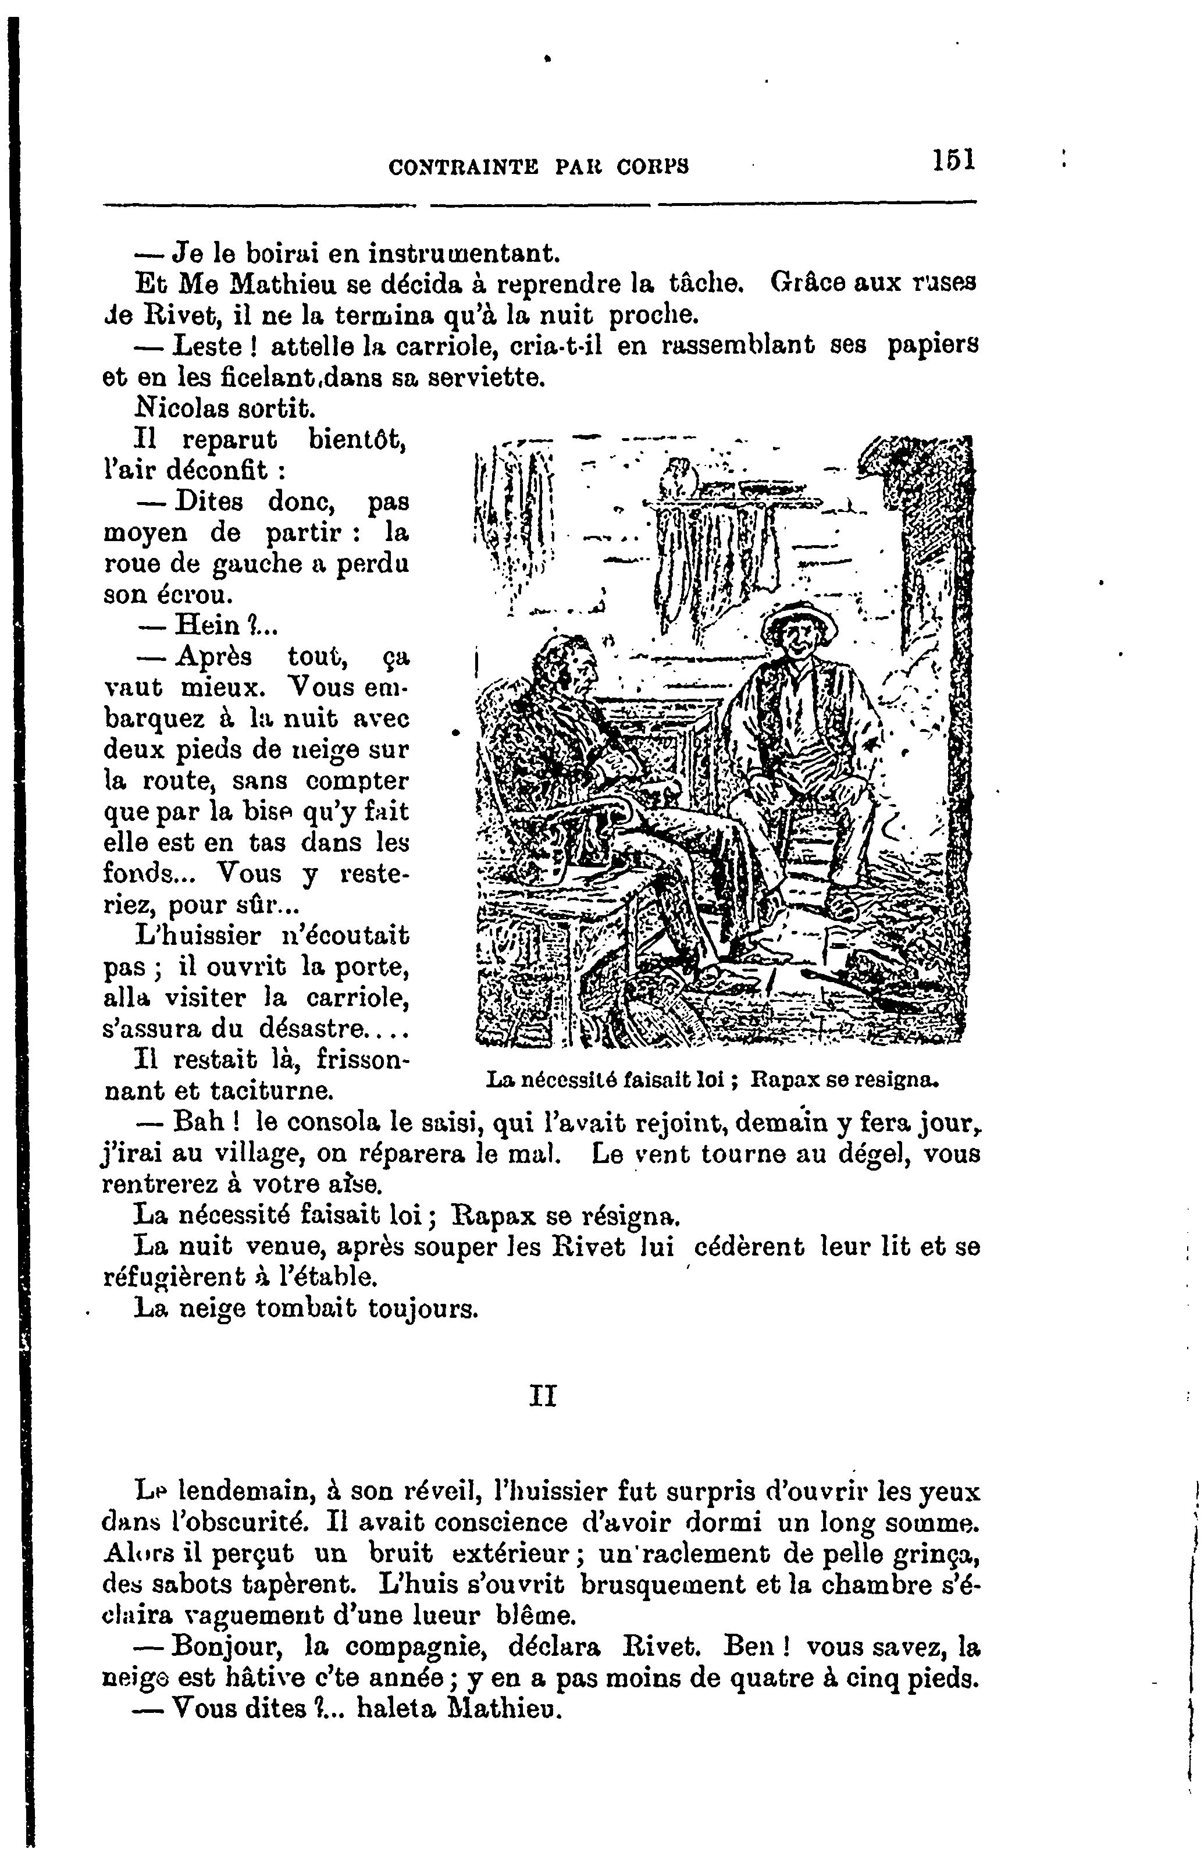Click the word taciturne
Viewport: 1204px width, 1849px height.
coord(272,1091)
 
